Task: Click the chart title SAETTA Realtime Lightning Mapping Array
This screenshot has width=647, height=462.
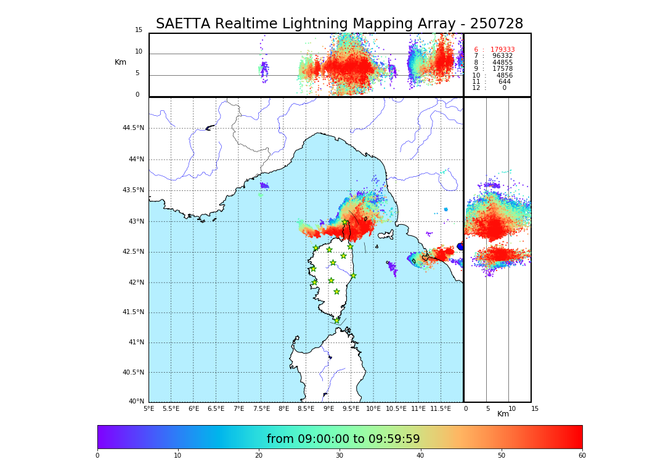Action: (x=339, y=24)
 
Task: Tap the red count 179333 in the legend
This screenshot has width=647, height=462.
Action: (x=502, y=50)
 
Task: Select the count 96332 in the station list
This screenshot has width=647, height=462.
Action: (x=502, y=56)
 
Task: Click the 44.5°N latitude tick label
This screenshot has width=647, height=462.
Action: (x=133, y=128)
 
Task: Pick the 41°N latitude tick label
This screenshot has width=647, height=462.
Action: (x=135, y=342)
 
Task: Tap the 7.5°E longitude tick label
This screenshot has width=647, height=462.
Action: (x=261, y=409)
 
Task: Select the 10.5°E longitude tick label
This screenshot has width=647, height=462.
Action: (x=396, y=409)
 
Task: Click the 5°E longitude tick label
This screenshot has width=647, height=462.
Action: (x=149, y=409)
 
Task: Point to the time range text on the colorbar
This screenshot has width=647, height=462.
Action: (x=343, y=439)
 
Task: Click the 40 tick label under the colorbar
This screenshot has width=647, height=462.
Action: (x=420, y=456)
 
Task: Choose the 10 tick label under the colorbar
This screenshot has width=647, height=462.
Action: (x=177, y=456)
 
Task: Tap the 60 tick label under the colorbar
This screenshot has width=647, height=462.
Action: (x=582, y=456)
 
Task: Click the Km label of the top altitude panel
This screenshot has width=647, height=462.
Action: (x=120, y=62)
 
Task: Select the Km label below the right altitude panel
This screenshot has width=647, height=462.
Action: (x=503, y=414)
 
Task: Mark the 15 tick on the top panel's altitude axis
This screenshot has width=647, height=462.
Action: (x=139, y=30)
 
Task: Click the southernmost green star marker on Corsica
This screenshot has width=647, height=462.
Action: (x=336, y=320)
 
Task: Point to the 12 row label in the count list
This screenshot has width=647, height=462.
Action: (x=476, y=88)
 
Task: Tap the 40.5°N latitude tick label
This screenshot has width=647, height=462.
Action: (x=133, y=373)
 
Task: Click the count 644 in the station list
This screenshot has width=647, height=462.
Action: (x=505, y=82)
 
